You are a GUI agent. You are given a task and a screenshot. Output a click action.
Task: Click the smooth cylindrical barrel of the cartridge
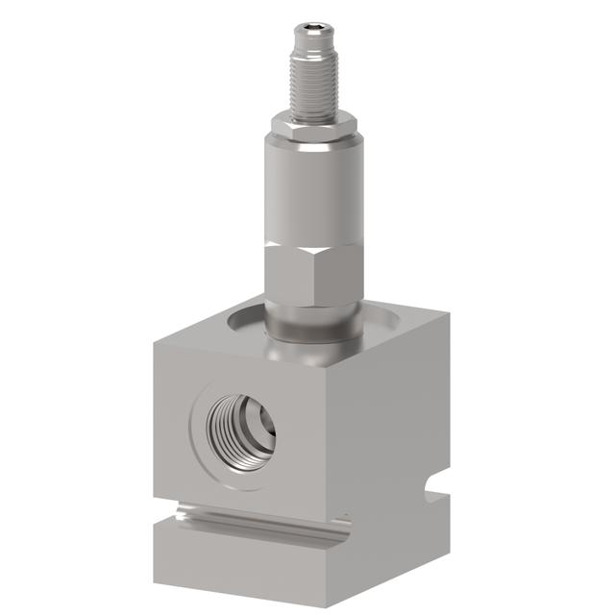click(x=314, y=187)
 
